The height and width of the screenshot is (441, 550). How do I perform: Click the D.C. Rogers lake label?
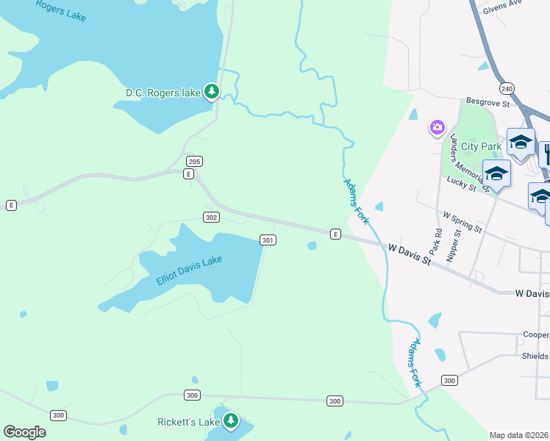(x=162, y=93)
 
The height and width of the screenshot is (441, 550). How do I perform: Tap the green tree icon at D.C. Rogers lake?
(x=212, y=91)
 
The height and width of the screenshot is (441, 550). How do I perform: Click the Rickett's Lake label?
(x=188, y=422)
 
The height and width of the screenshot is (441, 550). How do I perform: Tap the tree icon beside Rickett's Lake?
(x=232, y=420)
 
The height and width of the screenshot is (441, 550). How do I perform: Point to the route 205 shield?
(x=194, y=161)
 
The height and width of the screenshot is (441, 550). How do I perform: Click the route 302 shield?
(x=211, y=217)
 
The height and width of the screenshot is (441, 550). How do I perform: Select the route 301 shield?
(x=268, y=240)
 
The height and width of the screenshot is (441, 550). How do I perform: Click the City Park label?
(x=481, y=146)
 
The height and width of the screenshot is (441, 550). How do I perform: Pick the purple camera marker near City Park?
(x=438, y=129)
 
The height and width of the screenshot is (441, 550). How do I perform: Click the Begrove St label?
(x=488, y=104)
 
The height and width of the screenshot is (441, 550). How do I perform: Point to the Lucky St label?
(x=460, y=183)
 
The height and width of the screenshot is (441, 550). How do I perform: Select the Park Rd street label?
(x=437, y=240)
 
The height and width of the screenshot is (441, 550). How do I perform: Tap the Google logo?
(x=24, y=431)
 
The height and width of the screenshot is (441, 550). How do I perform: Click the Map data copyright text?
(x=519, y=435)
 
